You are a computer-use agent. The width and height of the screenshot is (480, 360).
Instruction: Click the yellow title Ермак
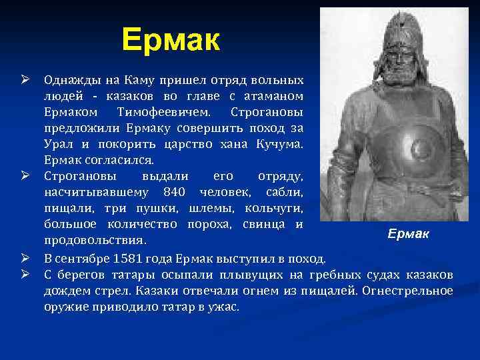pyautogui.click(x=171, y=41)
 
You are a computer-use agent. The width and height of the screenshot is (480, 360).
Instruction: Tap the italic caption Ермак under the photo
pyautogui.click(x=409, y=235)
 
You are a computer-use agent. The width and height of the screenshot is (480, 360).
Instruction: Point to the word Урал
pyautogui.click(x=58, y=145)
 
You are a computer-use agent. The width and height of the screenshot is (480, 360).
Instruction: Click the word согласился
pyautogui.click(x=118, y=160)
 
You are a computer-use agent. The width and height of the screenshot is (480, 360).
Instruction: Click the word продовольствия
pyautogui.click(x=95, y=239)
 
